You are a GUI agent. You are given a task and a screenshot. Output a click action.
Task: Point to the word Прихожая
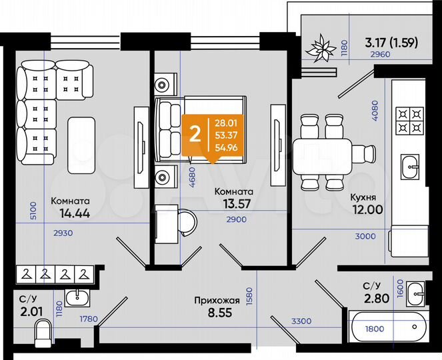click(x=214, y=300)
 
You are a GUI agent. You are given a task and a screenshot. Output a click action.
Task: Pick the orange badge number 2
click(x=195, y=133)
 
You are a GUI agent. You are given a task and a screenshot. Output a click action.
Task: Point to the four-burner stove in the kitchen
click(x=411, y=121)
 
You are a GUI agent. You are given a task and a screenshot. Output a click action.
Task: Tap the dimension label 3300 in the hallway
click(x=301, y=322)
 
